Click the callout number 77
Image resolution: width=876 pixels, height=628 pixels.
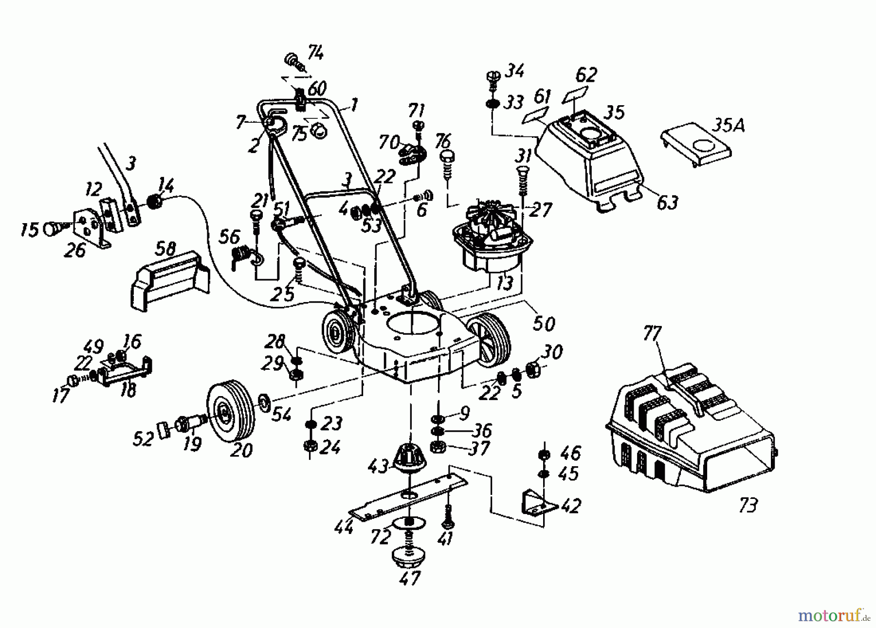pyautogui.click(x=652, y=335)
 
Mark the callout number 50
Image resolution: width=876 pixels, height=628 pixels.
pyautogui.click(x=544, y=323)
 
